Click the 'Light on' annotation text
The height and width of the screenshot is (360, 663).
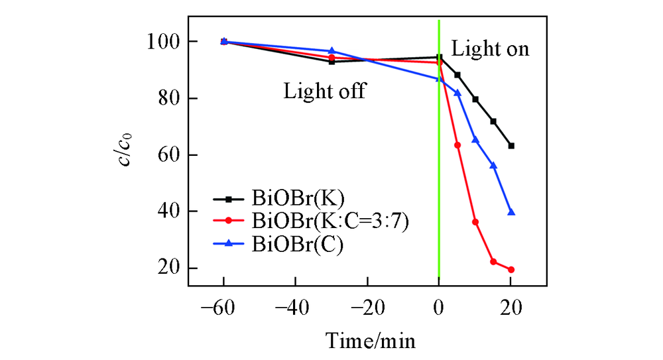pos(490,49)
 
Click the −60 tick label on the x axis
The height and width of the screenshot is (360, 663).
pos(223,308)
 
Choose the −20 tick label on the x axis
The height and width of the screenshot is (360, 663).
pos(367,308)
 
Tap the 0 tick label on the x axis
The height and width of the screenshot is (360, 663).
pos(439,308)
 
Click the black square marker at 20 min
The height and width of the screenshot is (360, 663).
pos(511,146)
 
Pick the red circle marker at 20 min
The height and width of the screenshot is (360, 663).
pos(511,270)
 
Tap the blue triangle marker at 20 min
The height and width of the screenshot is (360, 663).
pos(511,212)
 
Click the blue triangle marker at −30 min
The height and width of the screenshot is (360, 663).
pos(331,51)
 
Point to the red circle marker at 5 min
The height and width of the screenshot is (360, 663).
pos(457,145)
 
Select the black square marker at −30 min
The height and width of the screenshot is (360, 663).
pos(331,62)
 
